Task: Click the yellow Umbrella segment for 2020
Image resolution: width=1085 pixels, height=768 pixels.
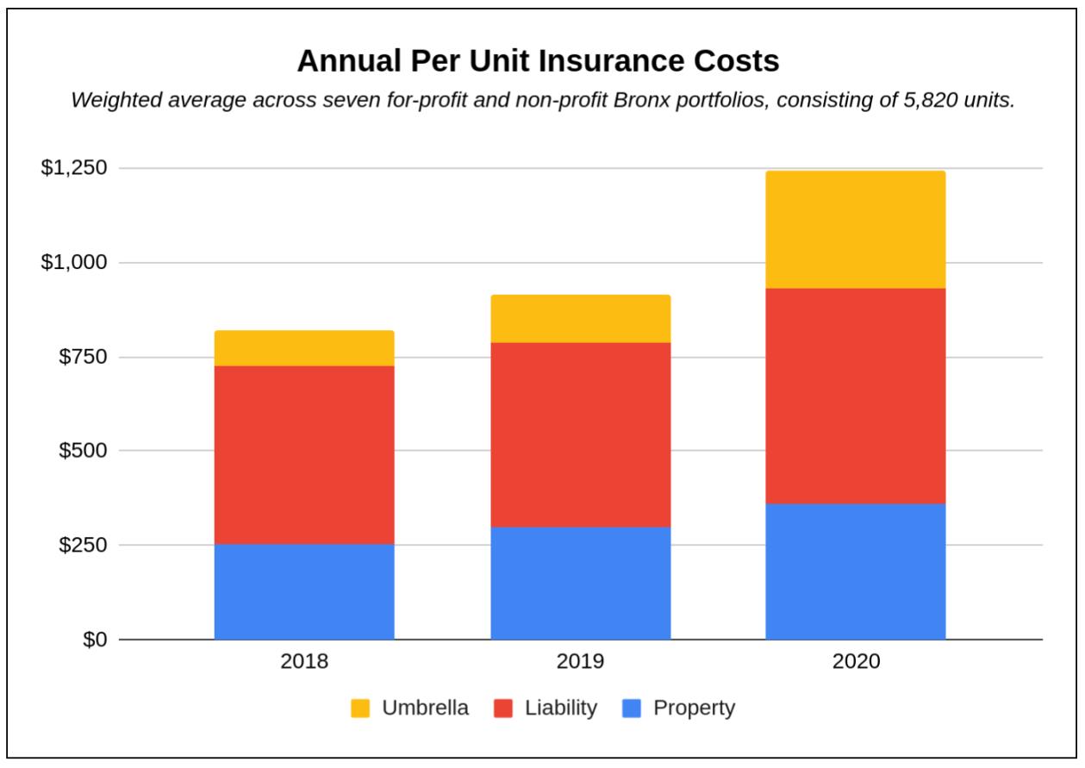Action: point(855,229)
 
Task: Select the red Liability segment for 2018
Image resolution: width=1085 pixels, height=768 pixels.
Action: point(304,454)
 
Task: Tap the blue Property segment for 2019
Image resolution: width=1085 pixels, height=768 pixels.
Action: point(580,583)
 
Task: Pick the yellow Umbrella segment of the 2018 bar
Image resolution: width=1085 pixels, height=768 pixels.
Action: point(304,348)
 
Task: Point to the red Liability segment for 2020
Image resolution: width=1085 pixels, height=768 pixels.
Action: point(855,396)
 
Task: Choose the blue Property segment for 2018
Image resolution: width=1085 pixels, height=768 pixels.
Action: point(304,591)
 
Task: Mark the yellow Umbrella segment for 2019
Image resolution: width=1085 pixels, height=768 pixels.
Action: point(580,319)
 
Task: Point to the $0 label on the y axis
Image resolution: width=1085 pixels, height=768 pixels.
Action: point(94,640)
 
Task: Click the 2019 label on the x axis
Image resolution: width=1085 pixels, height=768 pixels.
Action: point(580,662)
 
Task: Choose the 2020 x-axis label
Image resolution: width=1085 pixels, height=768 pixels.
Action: point(856,662)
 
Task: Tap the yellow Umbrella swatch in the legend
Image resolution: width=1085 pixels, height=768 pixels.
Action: point(360,709)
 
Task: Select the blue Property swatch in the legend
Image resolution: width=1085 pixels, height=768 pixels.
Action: point(631,709)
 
